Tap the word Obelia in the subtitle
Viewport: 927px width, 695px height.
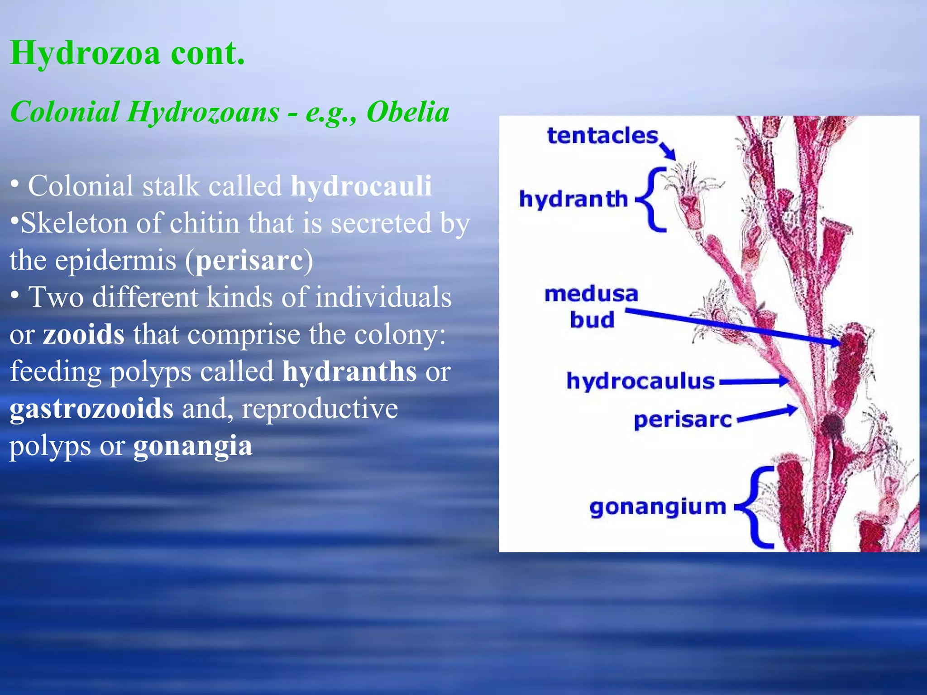pyautogui.click(x=407, y=112)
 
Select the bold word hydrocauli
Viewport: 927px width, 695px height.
pyautogui.click(x=361, y=186)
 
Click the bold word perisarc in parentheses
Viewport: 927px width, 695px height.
pyautogui.click(x=249, y=261)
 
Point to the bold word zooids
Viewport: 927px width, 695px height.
pyautogui.click(x=83, y=335)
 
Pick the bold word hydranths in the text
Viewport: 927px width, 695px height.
pyautogui.click(x=349, y=372)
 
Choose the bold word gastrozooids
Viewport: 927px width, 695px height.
pyautogui.click(x=91, y=409)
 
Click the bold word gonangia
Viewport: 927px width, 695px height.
pyautogui.click(x=192, y=446)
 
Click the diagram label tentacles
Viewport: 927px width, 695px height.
pyautogui.click(x=602, y=136)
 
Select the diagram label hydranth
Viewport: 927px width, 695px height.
pyautogui.click(x=573, y=199)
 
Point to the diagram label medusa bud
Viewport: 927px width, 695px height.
pyautogui.click(x=591, y=307)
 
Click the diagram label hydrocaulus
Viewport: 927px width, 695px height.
pyautogui.click(x=640, y=381)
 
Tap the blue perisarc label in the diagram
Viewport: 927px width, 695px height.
pyautogui.click(x=682, y=420)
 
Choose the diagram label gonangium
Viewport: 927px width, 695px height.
pyautogui.click(x=657, y=507)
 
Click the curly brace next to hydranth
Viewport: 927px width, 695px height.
pyautogui.click(x=652, y=200)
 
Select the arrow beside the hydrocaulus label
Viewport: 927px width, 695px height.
pyautogui.click(x=754, y=381)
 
